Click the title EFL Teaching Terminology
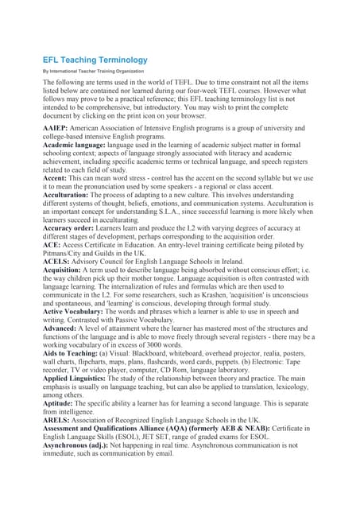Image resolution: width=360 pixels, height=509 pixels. click(x=95, y=60)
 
